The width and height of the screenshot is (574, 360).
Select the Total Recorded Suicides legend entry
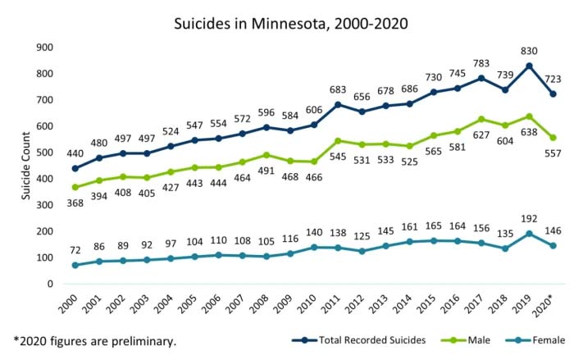point(364,338)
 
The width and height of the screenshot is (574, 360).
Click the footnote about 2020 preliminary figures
point(93,339)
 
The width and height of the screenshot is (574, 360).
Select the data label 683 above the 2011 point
point(314,89)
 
